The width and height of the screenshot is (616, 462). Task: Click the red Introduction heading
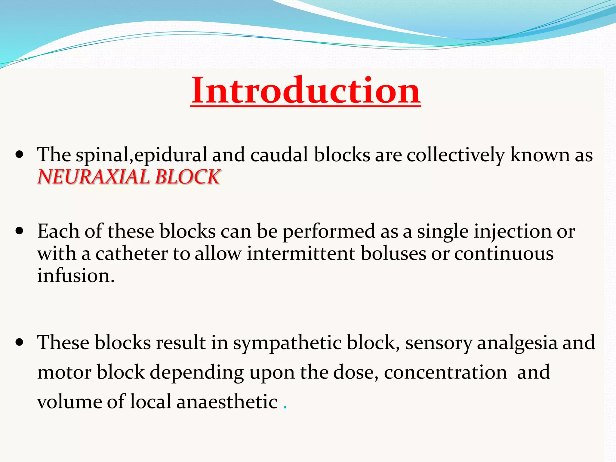point(306,90)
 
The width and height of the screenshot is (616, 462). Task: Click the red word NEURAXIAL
point(93,177)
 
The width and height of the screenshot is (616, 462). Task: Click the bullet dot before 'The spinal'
point(20,155)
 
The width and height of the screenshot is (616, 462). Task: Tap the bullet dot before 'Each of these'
point(20,232)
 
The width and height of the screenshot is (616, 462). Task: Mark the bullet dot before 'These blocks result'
point(20,343)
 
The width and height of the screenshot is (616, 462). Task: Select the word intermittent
point(301,253)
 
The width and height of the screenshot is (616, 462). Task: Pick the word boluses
point(393,253)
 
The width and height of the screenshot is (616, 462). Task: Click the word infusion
point(75,276)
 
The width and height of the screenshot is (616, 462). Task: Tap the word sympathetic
point(287,343)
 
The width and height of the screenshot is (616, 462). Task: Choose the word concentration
point(445,372)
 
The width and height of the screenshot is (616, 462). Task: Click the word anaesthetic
point(227,402)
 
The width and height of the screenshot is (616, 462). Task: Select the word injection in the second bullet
point(512,232)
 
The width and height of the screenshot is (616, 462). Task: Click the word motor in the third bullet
point(64,372)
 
